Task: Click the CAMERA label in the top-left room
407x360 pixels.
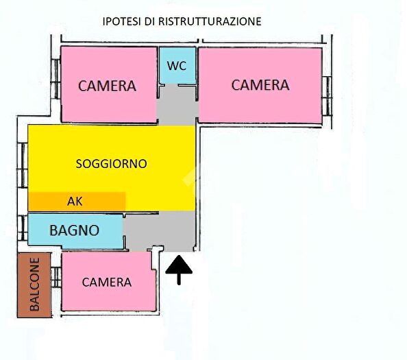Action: pos(107,86)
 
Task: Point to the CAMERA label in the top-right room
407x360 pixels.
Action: pos(260,85)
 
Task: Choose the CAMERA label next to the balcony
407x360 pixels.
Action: pos(106,282)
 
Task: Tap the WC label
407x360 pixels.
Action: pos(177,67)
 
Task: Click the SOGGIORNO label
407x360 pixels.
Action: pos(111,164)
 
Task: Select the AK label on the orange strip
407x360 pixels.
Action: pos(75,202)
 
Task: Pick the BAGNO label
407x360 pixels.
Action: pos(75,231)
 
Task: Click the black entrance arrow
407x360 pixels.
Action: pos(180,269)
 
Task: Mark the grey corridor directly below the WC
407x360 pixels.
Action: pos(177,107)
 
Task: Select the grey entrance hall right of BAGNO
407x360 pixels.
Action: pos(161,230)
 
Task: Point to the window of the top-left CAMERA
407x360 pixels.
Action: pos(54,73)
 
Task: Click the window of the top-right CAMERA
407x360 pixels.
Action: pos(328,88)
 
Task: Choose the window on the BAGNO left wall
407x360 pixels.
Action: pos(21,228)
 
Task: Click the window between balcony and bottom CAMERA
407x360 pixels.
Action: pos(56,278)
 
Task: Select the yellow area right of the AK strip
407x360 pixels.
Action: pos(159,201)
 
